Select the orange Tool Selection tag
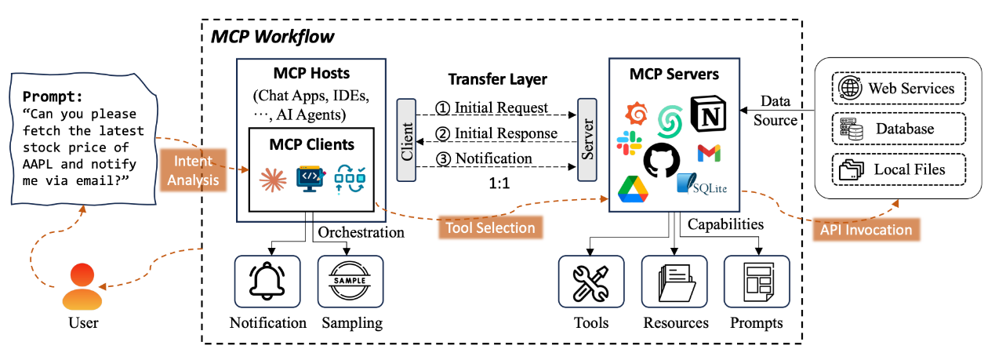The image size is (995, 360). click(490, 228)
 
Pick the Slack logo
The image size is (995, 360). click(629, 144)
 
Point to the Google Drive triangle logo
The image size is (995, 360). click(632, 189)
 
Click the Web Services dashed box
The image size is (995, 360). click(898, 87)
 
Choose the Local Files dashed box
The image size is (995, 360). click(898, 169)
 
